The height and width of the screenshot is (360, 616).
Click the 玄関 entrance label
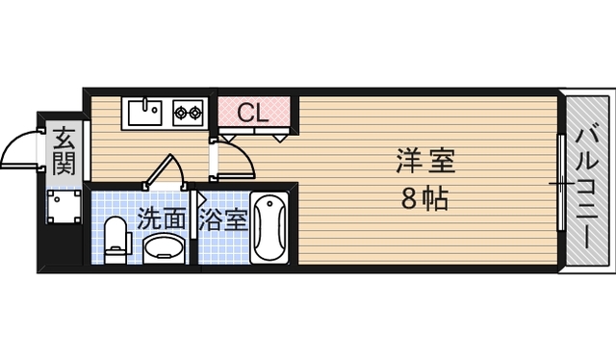64,149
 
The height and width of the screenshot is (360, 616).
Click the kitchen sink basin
145,113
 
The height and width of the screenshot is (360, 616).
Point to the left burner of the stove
181,114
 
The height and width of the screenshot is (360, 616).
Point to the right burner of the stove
195,114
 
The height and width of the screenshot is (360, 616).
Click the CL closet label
253,113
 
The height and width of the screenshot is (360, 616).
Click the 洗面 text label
161,219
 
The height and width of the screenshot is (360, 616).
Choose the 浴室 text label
223,219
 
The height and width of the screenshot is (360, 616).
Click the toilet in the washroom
115,238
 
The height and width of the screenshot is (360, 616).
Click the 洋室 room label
424,160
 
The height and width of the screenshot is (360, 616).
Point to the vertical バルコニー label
586,183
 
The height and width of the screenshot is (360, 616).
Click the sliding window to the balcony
561,183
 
